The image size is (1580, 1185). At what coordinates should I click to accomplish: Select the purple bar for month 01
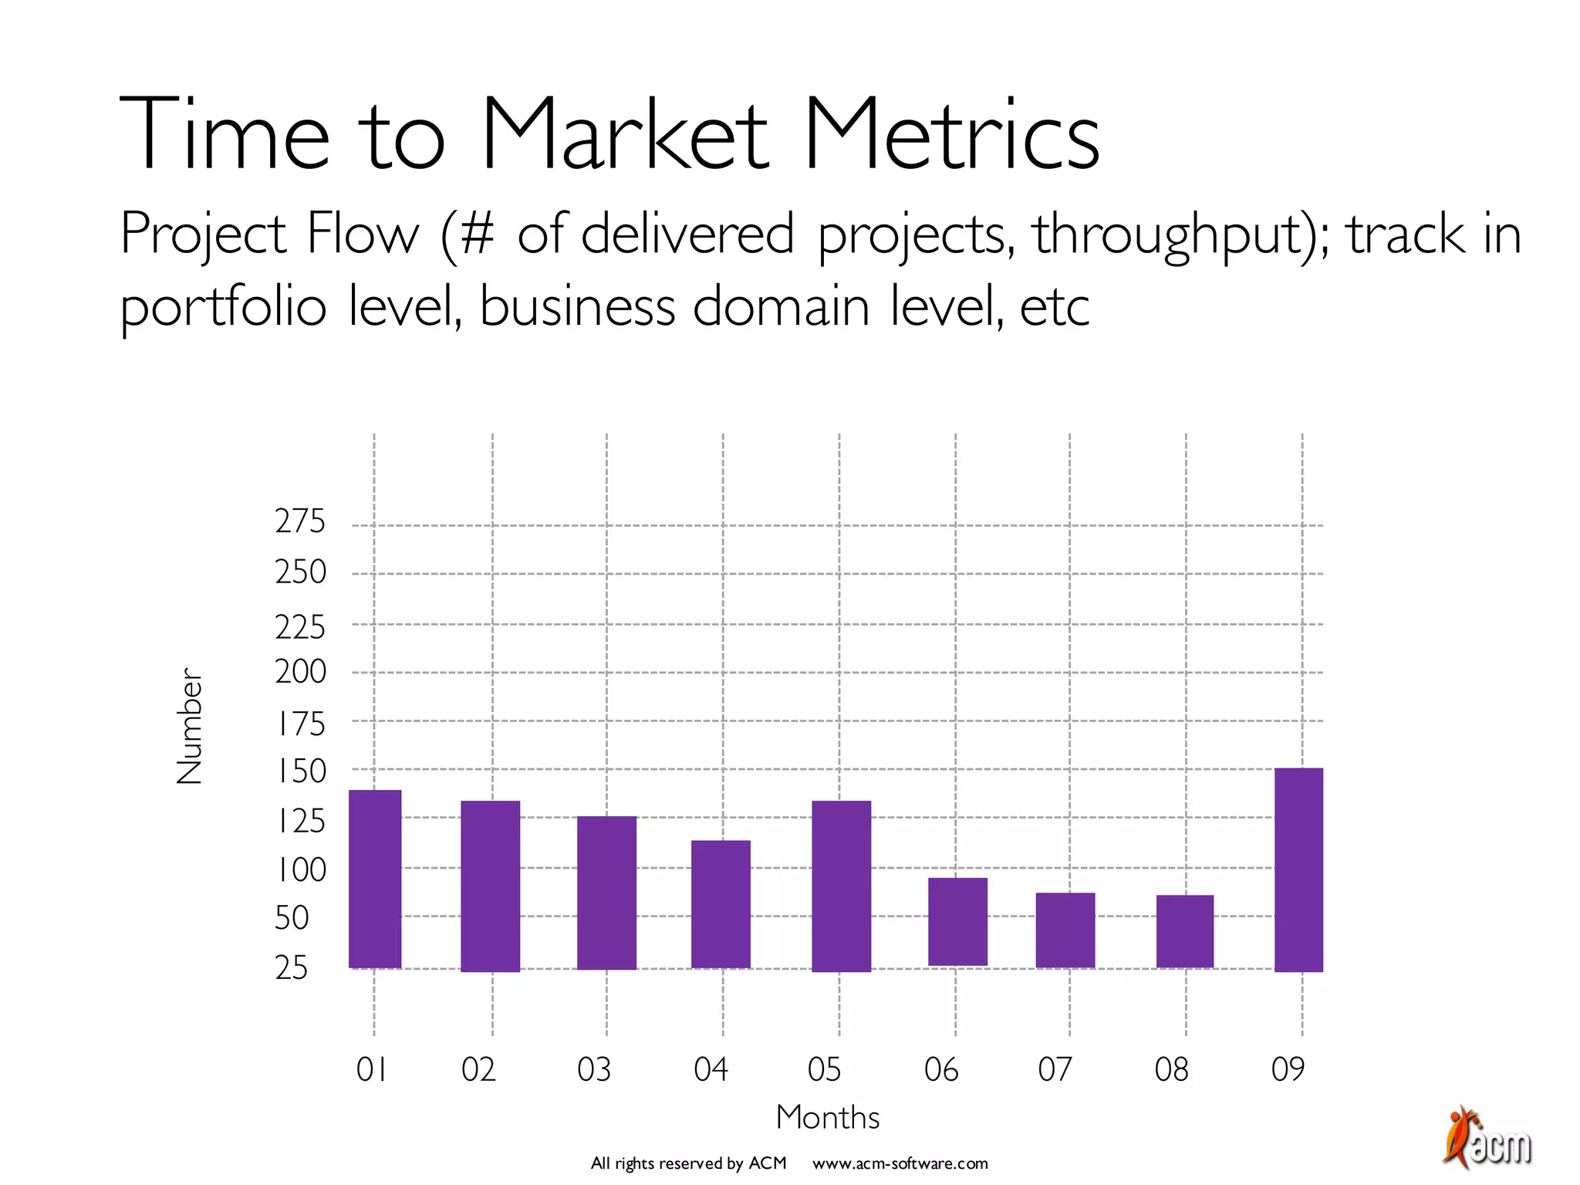pos(375,879)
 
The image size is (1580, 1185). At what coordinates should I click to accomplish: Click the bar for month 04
pos(721,903)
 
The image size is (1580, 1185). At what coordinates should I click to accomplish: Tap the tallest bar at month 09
pos(1298,869)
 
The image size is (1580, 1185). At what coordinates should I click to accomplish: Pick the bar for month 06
pos(957,921)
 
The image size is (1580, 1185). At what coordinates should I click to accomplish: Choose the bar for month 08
pos(1184,930)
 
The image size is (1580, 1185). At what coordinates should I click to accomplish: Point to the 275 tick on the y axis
pos(300,522)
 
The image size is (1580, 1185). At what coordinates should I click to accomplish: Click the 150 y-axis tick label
pos(301,771)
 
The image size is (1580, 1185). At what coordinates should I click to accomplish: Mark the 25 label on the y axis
pos(292,967)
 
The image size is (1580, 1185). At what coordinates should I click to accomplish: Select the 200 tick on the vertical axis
pos(300,672)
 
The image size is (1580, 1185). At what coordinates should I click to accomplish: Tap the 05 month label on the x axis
pos(824,1070)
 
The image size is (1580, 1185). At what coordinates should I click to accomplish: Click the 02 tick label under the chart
pos(478,1070)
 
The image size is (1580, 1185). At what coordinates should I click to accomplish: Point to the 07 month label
pos(1055,1070)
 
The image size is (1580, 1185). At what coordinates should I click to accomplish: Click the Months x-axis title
pos(828,1117)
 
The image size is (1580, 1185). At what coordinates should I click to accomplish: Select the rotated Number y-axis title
pos(189,726)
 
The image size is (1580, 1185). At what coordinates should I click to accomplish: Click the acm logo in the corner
pos(1487,1139)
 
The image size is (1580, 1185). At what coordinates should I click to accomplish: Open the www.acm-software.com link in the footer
pos(900,1163)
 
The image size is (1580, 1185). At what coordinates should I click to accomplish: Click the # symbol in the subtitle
pos(478,234)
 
